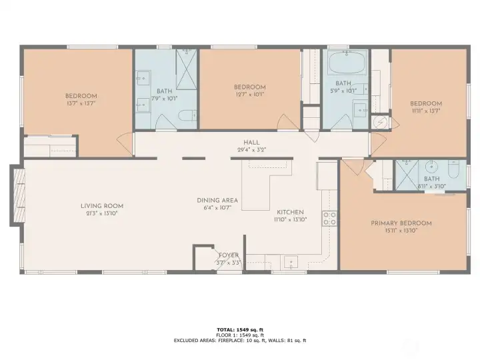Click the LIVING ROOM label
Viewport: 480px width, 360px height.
point(102,206)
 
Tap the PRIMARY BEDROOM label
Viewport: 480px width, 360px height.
point(401,223)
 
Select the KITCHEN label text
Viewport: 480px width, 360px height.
point(290,211)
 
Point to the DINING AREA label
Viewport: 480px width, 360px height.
point(217,200)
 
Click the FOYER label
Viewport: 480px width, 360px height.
point(229,255)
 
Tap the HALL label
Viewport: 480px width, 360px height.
point(251,143)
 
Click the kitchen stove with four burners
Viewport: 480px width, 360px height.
point(329,218)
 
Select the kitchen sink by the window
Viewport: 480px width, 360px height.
point(291,262)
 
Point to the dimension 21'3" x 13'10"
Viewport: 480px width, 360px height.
point(102,214)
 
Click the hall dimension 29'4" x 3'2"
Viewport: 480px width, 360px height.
point(251,150)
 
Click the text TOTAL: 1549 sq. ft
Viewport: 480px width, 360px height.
point(239,329)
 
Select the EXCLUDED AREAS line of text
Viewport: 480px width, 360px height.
point(239,341)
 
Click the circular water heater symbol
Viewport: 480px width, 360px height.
point(380,123)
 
